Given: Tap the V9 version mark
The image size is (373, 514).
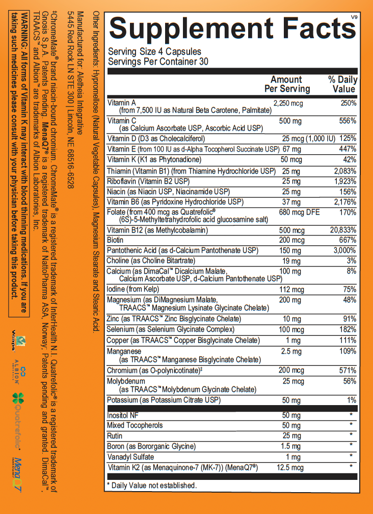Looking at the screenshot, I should pyautogui.click(x=354, y=18).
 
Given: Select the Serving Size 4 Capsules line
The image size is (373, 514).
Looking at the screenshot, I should pyautogui.click(x=154, y=51).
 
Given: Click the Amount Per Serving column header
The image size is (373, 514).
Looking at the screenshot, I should pyautogui.click(x=287, y=84).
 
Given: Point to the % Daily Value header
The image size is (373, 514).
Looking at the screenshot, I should pyautogui.click(x=343, y=84).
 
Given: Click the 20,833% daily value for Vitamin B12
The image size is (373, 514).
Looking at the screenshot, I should pyautogui.click(x=343, y=230).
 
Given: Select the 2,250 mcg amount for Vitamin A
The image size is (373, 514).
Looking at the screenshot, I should pyautogui.click(x=288, y=103).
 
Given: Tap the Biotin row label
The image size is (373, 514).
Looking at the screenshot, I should pyautogui.click(x=115, y=240).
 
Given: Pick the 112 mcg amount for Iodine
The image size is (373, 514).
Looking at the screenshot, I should pyautogui.click(x=291, y=289).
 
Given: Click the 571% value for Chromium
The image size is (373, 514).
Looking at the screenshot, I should pyautogui.click(x=349, y=370).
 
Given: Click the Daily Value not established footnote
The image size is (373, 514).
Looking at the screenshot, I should pyautogui.click(x=151, y=486).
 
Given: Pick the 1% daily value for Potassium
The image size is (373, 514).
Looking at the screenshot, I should pyautogui.click(x=351, y=401).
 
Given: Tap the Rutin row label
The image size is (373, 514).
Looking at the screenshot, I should pyautogui.click(x=115, y=436).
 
